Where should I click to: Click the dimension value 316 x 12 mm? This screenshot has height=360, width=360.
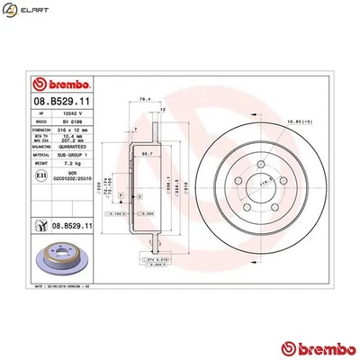pyautogui.click(x=71, y=130)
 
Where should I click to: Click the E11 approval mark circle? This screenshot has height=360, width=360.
pyautogui.click(x=32, y=179)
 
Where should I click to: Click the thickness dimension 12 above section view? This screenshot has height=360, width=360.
pyautogui.click(x=161, y=109)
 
